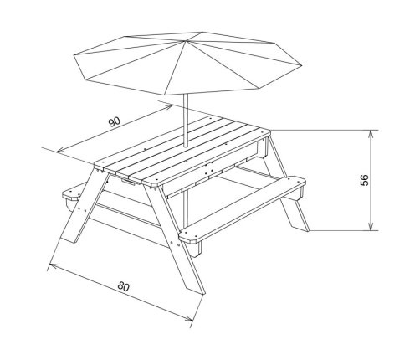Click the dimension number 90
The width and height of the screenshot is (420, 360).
point(115,122)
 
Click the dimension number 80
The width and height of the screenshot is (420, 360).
point(123,286)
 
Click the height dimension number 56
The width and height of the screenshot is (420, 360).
point(365,180)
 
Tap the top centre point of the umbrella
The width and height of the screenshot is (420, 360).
point(184,41)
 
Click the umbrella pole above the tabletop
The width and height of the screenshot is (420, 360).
point(186,121)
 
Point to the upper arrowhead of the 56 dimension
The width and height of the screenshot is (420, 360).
point(371,134)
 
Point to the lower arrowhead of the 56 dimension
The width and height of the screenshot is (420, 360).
point(371,227)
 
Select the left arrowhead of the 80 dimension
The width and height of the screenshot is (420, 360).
point(54,265)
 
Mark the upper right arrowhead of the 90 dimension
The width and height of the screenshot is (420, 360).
point(168,107)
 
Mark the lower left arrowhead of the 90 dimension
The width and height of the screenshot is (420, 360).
point(61,150)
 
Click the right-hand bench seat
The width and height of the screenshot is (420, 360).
point(243,208)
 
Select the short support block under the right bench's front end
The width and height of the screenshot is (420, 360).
point(196,249)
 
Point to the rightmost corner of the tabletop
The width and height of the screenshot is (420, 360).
point(270,131)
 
